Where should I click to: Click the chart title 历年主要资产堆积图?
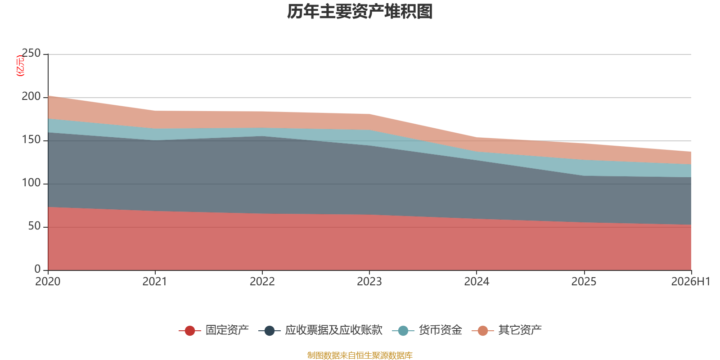pyautogui.click(x=360, y=12)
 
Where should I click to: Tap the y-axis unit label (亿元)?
pyautogui.click(x=20, y=66)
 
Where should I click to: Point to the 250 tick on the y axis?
pyautogui.click(x=31, y=53)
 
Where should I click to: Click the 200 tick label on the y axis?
pyautogui.click(x=31, y=96)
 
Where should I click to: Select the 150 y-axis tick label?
pyautogui.click(x=31, y=139)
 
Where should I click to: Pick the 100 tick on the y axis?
pyautogui.click(x=31, y=183)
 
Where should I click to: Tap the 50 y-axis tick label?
pyautogui.click(x=34, y=226)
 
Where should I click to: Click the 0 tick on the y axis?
pyautogui.click(x=38, y=269)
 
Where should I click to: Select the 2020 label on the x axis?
pyautogui.click(x=48, y=282)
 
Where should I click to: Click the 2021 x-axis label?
pyautogui.click(x=155, y=282)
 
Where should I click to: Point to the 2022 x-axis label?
pyautogui.click(x=262, y=282)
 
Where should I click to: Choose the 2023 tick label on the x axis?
pyautogui.click(x=369, y=282)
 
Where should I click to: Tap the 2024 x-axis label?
pyautogui.click(x=477, y=282)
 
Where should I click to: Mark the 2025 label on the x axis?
pyautogui.click(x=584, y=282)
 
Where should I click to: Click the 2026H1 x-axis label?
pyautogui.click(x=691, y=282)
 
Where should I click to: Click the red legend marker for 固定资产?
pyautogui.click(x=189, y=330)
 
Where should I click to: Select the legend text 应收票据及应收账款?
pyautogui.click(x=334, y=330)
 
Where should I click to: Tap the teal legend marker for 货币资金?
pyautogui.click(x=403, y=330)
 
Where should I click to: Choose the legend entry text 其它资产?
pyautogui.click(x=520, y=330)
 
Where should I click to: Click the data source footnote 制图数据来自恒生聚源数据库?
pyautogui.click(x=360, y=355)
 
